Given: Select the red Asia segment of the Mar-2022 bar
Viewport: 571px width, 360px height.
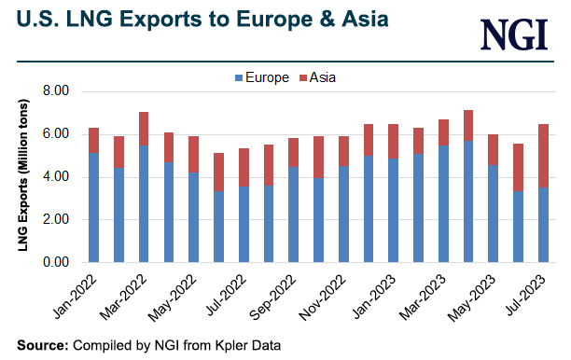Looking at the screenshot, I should (x=143, y=128).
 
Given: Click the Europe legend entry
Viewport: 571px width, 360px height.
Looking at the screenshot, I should (x=265, y=77).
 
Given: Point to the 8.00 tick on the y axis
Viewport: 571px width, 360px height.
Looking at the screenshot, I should (x=57, y=91).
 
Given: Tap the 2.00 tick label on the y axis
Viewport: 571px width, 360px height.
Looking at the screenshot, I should (x=57, y=220).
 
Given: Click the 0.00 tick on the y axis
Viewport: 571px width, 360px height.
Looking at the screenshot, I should (x=57, y=263).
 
